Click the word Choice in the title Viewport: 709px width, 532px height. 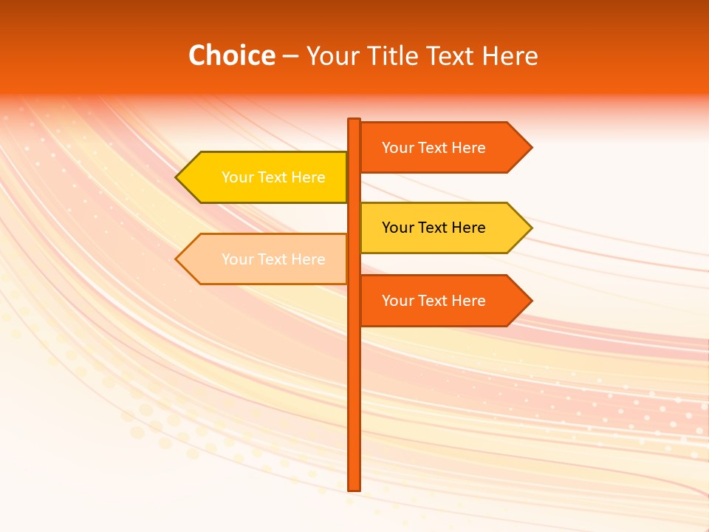(x=231, y=56)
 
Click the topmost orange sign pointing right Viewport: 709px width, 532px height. (x=436, y=148)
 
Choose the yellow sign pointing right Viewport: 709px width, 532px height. (x=436, y=228)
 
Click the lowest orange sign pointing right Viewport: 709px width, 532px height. (x=436, y=301)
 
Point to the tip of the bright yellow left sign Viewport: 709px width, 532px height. (x=178, y=177)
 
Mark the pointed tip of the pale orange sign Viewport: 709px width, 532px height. (x=178, y=259)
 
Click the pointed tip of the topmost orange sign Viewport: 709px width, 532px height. (x=530, y=148)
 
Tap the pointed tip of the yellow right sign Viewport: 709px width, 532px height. (x=530, y=228)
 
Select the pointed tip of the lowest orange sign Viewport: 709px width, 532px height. (x=530, y=301)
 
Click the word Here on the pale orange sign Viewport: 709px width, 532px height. (x=308, y=259)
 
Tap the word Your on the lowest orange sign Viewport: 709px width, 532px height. (x=397, y=301)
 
